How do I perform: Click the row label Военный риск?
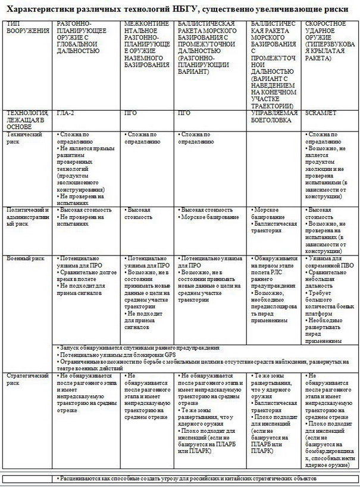click(x=24, y=258)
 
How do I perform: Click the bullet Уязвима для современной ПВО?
click(x=330, y=261)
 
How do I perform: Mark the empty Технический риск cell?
click(x=274, y=167)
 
